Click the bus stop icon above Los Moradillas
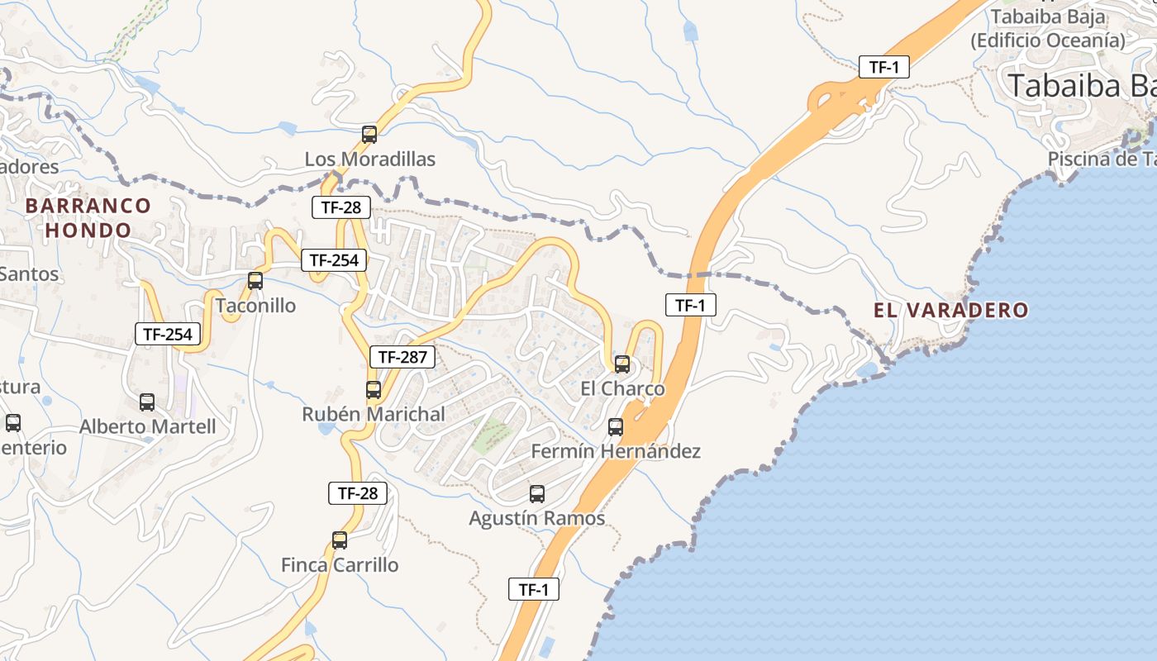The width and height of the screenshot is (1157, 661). coord(369,134)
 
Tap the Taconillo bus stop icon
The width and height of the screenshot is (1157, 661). coord(255,281)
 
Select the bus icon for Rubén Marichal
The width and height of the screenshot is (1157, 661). coord(374,389)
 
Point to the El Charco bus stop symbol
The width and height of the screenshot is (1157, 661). coord(622,364)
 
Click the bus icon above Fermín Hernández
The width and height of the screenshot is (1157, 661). coord(616,426)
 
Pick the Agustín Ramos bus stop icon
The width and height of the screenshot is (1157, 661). coord(537,494)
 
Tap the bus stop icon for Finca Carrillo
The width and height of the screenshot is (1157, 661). coord(340,540)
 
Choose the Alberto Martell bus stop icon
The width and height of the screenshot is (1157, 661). coord(147,402)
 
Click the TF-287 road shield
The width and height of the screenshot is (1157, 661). coord(402,357)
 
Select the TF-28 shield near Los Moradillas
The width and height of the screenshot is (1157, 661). coord(341,207)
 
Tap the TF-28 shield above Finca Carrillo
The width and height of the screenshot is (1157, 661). coord(358,493)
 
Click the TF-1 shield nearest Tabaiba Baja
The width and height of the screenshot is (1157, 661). coord(884,67)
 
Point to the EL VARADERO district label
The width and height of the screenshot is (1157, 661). coord(951,311)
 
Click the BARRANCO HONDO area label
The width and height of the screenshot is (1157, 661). coord(88,217)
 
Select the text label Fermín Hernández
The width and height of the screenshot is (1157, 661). coord(616,451)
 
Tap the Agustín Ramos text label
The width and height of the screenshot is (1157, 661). coord(537,519)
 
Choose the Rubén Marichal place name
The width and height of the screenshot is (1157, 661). coord(374,414)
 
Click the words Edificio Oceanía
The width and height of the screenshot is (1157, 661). coord(1048,40)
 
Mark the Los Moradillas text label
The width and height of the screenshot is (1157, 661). coord(370,159)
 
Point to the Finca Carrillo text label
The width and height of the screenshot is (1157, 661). coord(340,565)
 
